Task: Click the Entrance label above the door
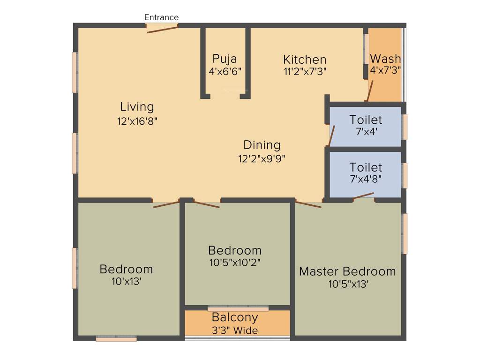pos(161,17)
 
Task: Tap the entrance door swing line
pos(162,29)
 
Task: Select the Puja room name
pos(225,59)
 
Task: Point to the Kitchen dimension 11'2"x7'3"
pos(305,71)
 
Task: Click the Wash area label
pos(385,59)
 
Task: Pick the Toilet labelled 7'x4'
pos(366,120)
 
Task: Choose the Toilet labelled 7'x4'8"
pos(366,167)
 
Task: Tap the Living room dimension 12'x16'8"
pos(137,120)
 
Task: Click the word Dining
pos(262,145)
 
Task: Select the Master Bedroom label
pos(347,271)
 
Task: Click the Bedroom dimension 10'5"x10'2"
pos(235,262)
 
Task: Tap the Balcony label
pos(235,317)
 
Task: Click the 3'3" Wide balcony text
pos(235,330)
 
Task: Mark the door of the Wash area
pos(370,91)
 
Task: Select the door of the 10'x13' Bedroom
pos(166,204)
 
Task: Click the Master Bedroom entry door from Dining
pos(308,204)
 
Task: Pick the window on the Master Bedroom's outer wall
pos(405,233)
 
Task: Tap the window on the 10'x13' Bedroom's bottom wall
pos(116,338)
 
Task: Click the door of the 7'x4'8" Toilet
pos(364,196)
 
